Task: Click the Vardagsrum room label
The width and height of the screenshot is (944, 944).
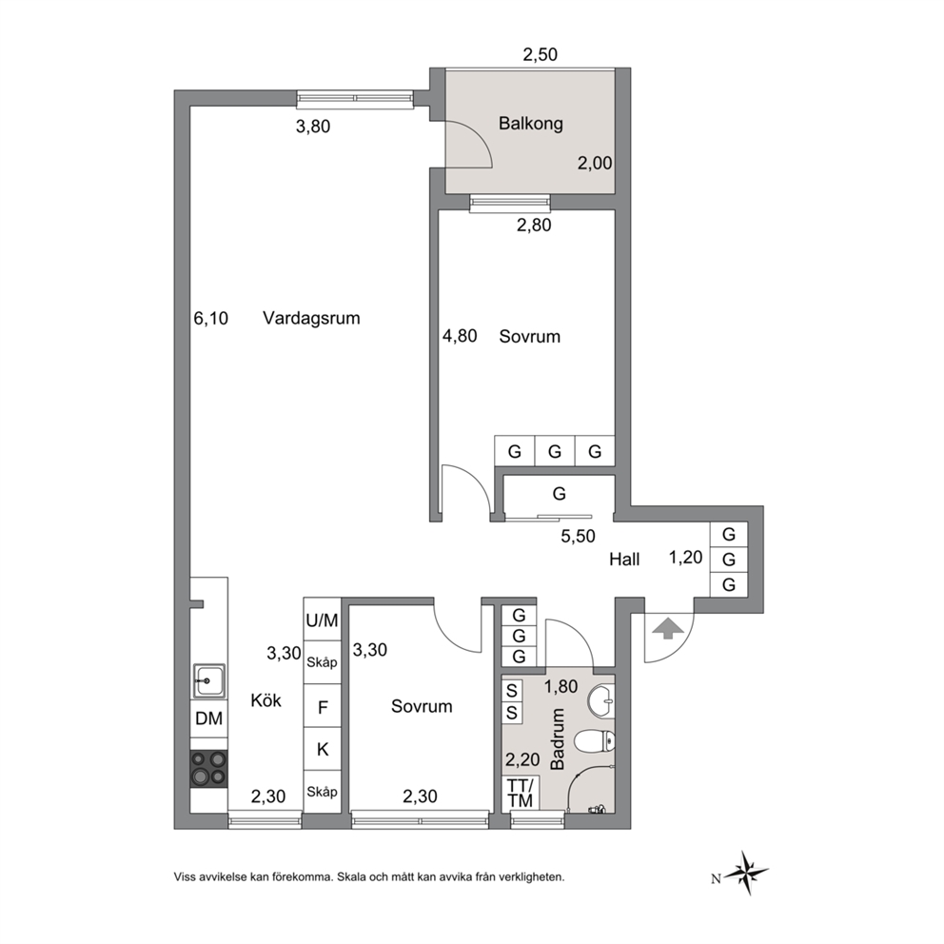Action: click(x=311, y=318)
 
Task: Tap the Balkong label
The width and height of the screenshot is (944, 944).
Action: click(x=530, y=124)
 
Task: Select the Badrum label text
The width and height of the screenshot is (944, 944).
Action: click(x=558, y=738)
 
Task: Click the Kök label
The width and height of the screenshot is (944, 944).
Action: click(x=265, y=700)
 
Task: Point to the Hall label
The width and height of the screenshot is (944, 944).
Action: click(x=624, y=560)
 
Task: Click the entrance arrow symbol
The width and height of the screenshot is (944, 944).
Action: click(x=668, y=629)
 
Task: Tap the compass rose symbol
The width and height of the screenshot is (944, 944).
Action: click(x=746, y=872)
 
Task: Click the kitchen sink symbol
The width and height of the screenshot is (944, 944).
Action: click(x=209, y=681)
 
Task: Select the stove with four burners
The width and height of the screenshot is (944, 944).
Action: click(x=209, y=768)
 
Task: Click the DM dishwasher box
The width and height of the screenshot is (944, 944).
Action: click(x=209, y=718)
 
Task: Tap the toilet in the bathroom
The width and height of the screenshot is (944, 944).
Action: click(x=595, y=741)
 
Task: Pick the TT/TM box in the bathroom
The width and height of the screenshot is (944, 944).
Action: click(x=521, y=793)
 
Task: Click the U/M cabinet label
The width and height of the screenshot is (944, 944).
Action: click(x=322, y=620)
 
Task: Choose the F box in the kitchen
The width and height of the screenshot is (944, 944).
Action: click(x=322, y=706)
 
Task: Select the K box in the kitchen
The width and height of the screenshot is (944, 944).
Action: click(x=322, y=749)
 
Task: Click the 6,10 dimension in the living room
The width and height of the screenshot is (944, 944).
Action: click(x=210, y=318)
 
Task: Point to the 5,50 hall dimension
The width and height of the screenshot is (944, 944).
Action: click(x=578, y=536)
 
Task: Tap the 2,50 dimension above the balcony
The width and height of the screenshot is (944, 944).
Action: click(x=540, y=55)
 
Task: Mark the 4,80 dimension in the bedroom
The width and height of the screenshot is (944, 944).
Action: click(x=460, y=336)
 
